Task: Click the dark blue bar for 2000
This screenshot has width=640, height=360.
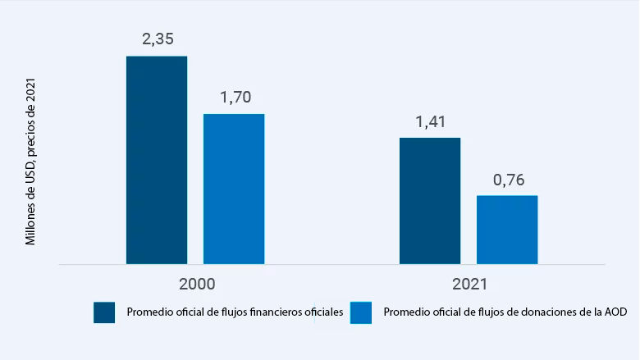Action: pyautogui.click(x=156, y=160)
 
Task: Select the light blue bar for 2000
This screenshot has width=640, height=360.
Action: pyautogui.click(x=234, y=189)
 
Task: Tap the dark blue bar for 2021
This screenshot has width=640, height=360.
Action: pyautogui.click(x=430, y=201)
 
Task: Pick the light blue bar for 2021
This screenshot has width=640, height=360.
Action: pyautogui.click(x=507, y=230)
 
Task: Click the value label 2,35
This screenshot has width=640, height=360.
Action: pyautogui.click(x=157, y=39)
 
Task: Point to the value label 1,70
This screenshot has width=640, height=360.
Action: pyautogui.click(x=234, y=97)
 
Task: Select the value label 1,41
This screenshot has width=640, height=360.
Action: pyautogui.click(x=430, y=121)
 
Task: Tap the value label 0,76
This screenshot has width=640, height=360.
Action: pyautogui.click(x=507, y=180)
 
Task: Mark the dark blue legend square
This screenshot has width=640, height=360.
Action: pyautogui.click(x=104, y=312)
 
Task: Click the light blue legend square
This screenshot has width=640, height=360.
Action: pyautogui.click(x=361, y=312)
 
